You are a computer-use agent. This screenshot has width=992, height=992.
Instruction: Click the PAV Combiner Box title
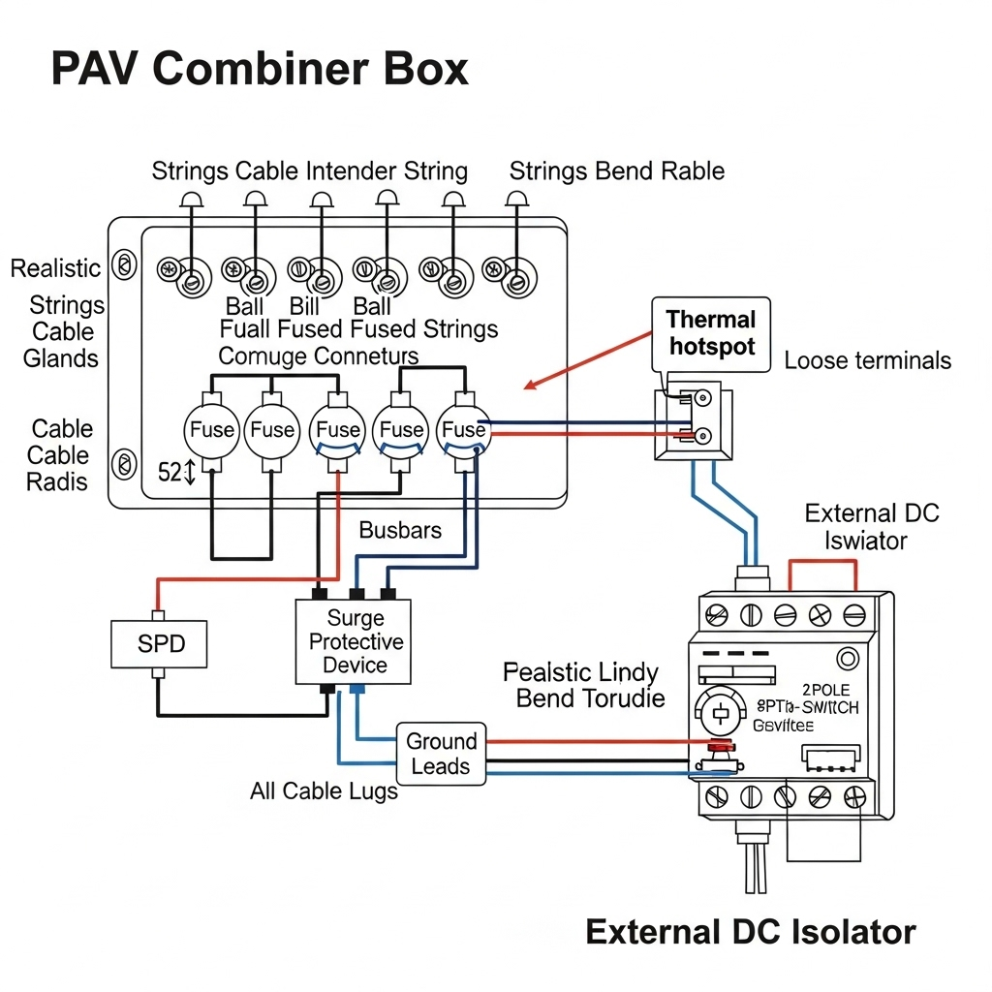259,70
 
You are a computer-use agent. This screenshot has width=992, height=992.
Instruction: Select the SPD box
161,644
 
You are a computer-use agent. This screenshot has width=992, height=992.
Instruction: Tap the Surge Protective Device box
354,641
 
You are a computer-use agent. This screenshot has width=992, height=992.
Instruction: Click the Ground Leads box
441,754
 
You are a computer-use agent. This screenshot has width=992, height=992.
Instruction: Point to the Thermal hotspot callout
711,333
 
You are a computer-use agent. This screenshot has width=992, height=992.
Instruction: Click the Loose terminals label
867,361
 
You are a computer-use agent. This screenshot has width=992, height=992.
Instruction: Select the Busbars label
400,530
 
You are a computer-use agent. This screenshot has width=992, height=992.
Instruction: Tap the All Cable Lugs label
324,791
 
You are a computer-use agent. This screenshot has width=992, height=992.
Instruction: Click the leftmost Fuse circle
212,428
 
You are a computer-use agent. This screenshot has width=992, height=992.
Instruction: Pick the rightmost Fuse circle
463,428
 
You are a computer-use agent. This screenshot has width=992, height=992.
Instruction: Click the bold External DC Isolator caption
750,932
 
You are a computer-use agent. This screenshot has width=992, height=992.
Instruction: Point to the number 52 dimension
170,473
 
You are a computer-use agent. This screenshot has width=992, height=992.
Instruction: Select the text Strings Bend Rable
616,171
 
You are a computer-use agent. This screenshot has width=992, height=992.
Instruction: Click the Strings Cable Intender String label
309,171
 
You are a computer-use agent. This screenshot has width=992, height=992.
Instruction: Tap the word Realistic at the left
55,268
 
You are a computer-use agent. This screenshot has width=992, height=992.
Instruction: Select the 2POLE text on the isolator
825,690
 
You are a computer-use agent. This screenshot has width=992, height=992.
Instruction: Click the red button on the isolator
720,746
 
